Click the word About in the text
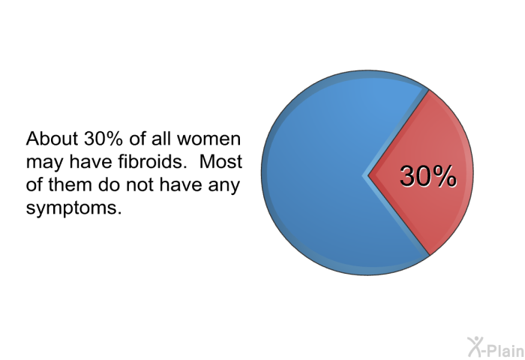click(52, 138)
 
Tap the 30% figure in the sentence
click(103, 138)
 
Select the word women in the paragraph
click(208, 139)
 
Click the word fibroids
click(152, 161)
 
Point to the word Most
click(220, 161)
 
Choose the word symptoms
click(73, 208)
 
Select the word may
click(44, 163)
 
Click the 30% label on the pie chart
click(428, 175)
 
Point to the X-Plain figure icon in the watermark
click(475, 346)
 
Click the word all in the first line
click(160, 138)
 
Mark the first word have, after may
click(91, 161)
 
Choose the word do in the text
click(109, 184)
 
